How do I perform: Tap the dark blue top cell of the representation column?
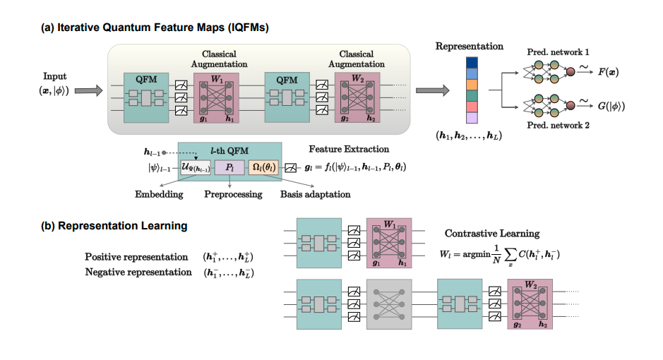click(x=472, y=63)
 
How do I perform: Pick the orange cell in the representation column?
click(x=472, y=84)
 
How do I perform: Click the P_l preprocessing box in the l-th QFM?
click(x=230, y=168)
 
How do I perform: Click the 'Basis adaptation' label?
click(x=315, y=194)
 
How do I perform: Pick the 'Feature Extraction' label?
click(x=349, y=149)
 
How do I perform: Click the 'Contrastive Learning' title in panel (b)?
click(x=491, y=233)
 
